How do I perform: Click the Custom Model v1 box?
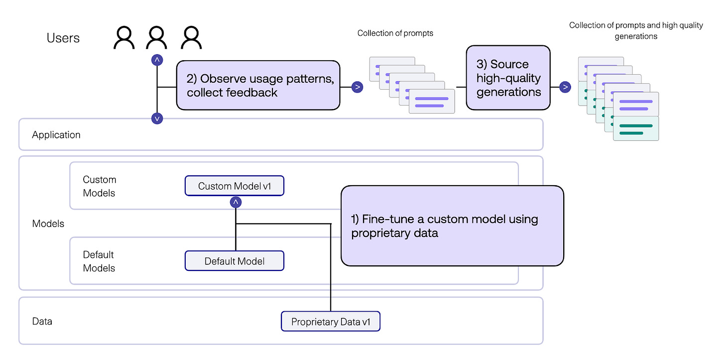[x=234, y=186]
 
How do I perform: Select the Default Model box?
[x=234, y=261]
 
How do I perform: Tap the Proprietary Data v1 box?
[x=331, y=322]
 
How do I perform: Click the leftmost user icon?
[x=124, y=38]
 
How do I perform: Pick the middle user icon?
[x=156, y=38]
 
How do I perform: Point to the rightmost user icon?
[x=191, y=38]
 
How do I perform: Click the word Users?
[x=63, y=38]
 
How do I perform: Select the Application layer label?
[x=56, y=134]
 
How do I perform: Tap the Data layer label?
[x=42, y=321]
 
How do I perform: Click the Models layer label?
[x=48, y=224]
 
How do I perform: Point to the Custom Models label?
[x=99, y=186]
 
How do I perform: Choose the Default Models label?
[x=99, y=261]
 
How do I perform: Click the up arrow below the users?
[x=157, y=60]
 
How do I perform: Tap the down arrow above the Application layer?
[x=157, y=118]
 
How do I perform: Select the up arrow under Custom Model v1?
[x=236, y=202]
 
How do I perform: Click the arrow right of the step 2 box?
[x=357, y=87]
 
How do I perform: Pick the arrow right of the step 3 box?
[x=565, y=87]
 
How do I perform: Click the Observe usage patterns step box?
[x=258, y=85]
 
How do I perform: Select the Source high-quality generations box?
[x=508, y=78]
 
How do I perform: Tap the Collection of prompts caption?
[x=395, y=33]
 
